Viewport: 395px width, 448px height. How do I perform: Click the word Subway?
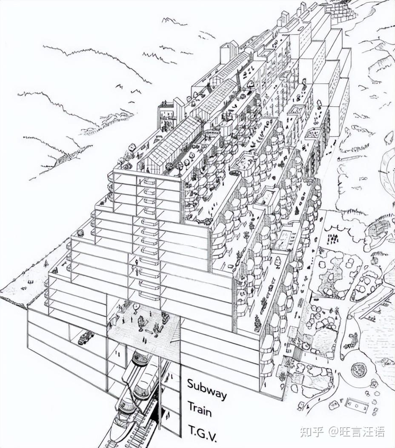click(x=207, y=389)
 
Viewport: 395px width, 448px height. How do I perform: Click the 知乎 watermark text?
click(x=310, y=432)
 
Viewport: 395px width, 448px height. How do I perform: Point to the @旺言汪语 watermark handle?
click(x=357, y=432)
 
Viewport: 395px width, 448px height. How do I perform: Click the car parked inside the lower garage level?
click(x=86, y=337)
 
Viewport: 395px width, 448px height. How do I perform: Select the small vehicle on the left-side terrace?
click(x=80, y=233)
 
